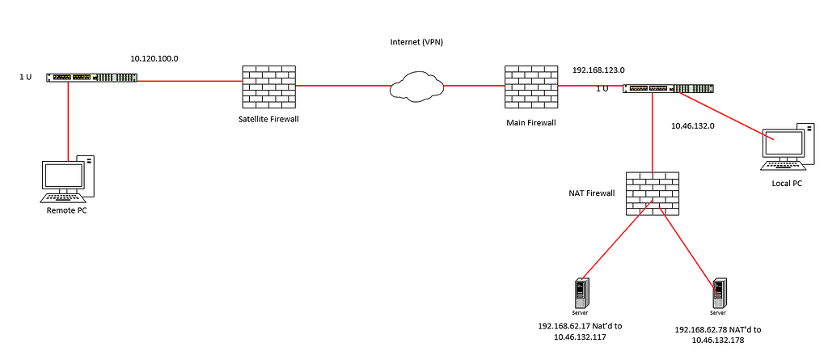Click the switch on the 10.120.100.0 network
click(91, 78)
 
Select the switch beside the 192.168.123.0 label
click(668, 88)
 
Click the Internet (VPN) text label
click(416, 40)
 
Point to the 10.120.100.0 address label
click(154, 59)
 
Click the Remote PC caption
click(66, 210)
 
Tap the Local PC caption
click(788, 184)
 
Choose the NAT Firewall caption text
click(591, 193)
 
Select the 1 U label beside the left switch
click(26, 77)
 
